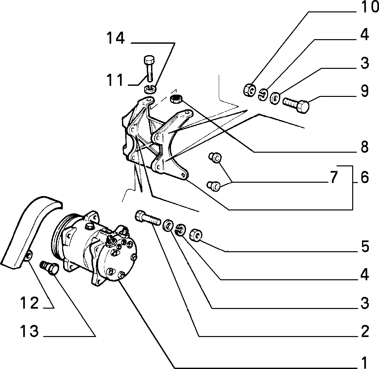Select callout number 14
point(116,38)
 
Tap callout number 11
point(115,80)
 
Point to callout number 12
point(29,303)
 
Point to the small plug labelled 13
point(49,267)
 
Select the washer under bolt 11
point(150,89)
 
